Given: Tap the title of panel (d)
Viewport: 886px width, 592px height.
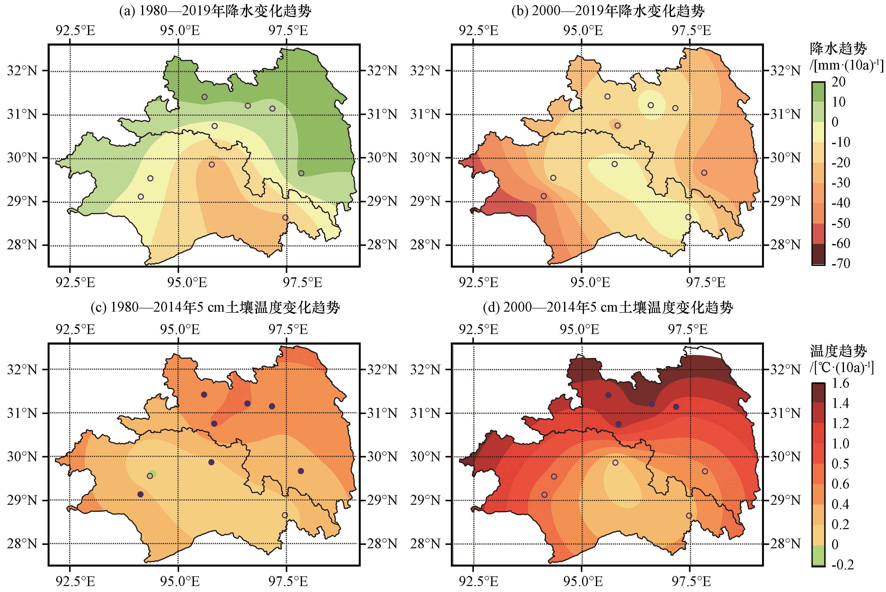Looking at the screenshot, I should click(608, 308).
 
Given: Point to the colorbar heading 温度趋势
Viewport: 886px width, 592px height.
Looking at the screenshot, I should click(838, 351).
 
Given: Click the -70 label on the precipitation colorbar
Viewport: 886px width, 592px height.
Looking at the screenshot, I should click(841, 263).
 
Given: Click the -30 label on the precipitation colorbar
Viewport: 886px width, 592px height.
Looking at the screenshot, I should click(841, 183).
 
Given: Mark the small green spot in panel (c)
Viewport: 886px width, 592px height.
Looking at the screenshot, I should click(153, 473).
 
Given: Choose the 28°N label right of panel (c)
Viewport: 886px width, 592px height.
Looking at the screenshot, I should click(382, 544).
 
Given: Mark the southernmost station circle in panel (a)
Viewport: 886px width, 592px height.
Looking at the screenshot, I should click(285, 217).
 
